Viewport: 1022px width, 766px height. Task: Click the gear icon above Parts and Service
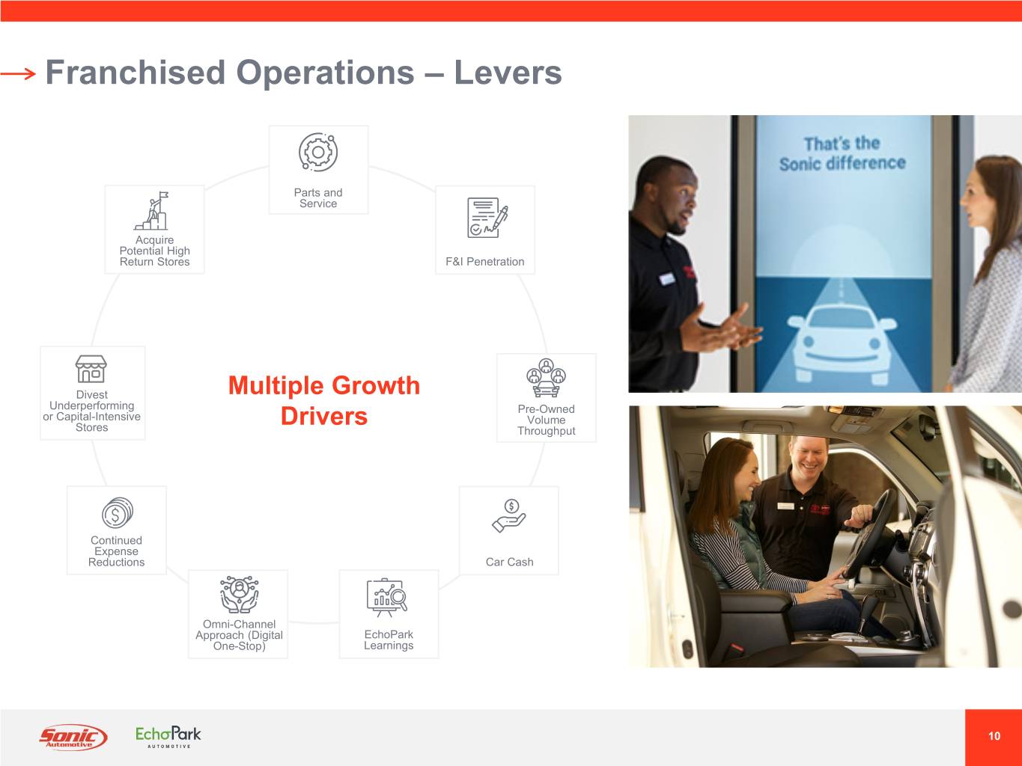[x=318, y=152]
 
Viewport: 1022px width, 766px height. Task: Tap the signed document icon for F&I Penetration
[x=487, y=218]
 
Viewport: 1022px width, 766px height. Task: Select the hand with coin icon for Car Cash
[x=509, y=516]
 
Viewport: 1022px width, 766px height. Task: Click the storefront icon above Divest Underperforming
[x=91, y=369]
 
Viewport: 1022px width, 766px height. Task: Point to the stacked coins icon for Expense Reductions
[x=118, y=512]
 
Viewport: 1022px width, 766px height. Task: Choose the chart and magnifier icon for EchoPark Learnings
[x=387, y=598]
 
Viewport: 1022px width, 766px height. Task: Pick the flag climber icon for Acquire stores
[x=151, y=211]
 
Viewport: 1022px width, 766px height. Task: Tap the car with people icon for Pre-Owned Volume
[x=546, y=378]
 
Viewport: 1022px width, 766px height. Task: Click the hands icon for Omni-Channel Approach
[x=239, y=595]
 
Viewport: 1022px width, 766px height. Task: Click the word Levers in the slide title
[x=508, y=73]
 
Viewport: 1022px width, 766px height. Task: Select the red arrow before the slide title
[x=18, y=73]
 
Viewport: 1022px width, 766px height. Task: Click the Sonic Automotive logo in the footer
[x=73, y=737]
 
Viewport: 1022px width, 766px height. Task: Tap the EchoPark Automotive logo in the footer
[x=168, y=737]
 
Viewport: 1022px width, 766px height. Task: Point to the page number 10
[x=994, y=736]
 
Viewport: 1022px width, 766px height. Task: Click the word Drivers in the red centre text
[x=324, y=416]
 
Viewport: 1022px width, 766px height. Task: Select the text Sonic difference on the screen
[x=843, y=164]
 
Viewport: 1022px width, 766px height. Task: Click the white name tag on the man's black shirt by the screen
[x=667, y=278]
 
